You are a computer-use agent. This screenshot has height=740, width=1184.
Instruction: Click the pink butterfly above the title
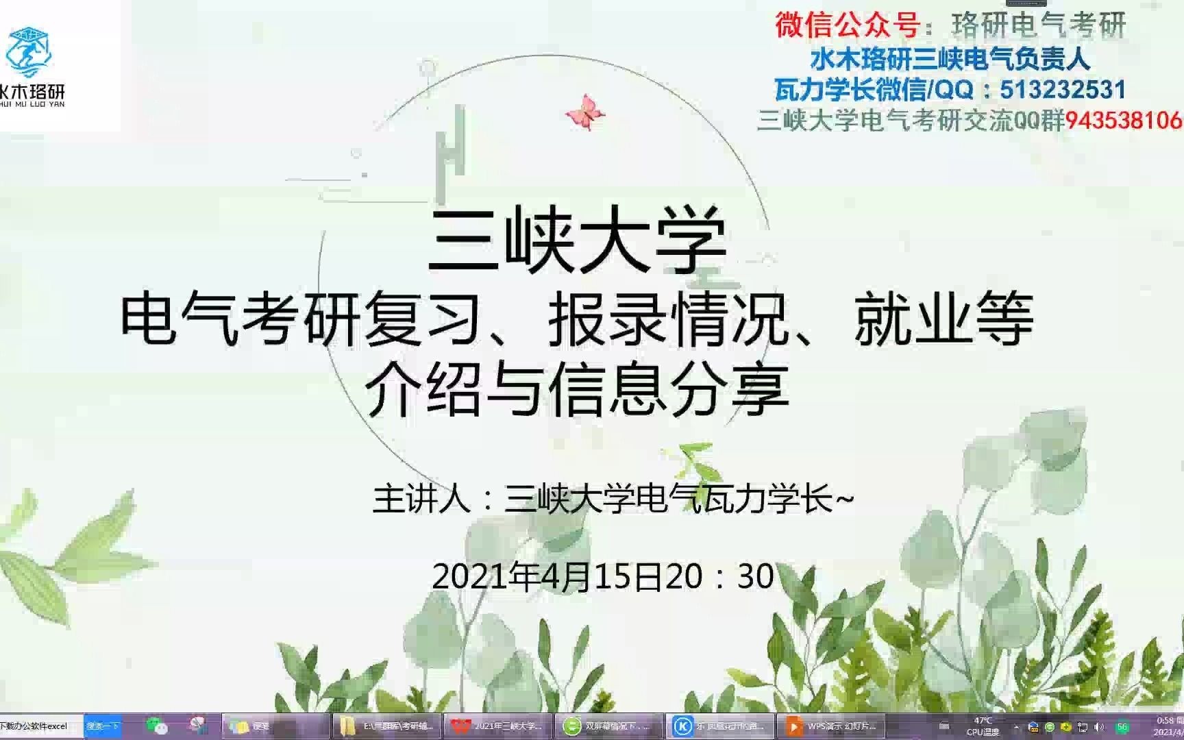point(584,112)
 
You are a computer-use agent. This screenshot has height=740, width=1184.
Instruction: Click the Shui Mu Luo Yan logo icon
point(28,52)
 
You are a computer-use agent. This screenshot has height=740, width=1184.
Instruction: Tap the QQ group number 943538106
point(1124,121)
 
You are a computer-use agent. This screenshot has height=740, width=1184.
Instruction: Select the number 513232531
point(1063,90)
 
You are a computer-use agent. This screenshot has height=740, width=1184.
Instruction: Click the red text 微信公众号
point(847,25)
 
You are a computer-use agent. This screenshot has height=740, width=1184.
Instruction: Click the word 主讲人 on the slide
point(421,499)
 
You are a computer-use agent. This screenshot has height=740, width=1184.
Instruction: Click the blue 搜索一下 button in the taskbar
point(102,726)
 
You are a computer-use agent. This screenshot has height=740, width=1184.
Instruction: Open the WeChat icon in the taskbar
point(156,726)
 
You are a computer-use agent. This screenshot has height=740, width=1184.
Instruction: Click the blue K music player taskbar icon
point(682,726)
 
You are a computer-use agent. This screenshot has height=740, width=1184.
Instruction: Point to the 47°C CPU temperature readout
point(983,726)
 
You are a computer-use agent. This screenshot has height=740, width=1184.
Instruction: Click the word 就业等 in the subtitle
point(944,319)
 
